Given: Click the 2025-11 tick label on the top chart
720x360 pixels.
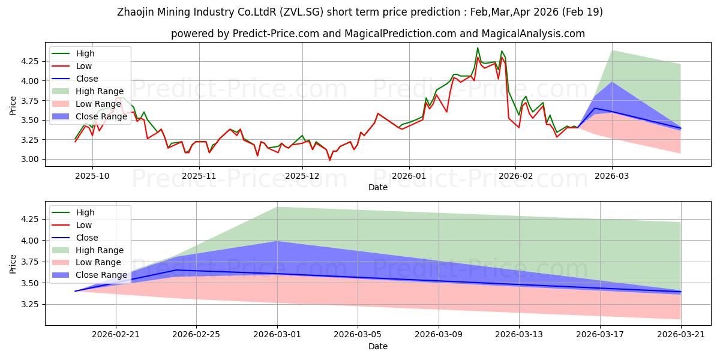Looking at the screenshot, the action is [199, 176].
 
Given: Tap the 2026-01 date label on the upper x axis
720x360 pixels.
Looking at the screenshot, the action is [409, 176].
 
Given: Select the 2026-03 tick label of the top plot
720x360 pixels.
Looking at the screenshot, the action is [611, 176].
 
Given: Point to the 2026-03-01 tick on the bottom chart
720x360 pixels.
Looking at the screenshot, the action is [277, 335].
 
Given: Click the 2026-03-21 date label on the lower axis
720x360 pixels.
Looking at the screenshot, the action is [681, 335].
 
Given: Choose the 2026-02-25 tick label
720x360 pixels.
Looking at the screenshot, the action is [196, 335].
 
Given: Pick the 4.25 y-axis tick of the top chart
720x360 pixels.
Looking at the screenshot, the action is [29, 61].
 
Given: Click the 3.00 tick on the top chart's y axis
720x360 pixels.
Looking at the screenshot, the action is [29, 160].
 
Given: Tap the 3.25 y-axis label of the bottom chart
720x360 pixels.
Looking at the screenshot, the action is [29, 305].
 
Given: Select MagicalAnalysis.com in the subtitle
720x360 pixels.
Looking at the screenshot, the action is [533, 34].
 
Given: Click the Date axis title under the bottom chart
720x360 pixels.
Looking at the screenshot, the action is [377, 346].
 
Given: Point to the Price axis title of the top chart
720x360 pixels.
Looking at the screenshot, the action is [13, 106].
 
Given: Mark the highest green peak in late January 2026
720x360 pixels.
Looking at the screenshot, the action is [478, 48].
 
